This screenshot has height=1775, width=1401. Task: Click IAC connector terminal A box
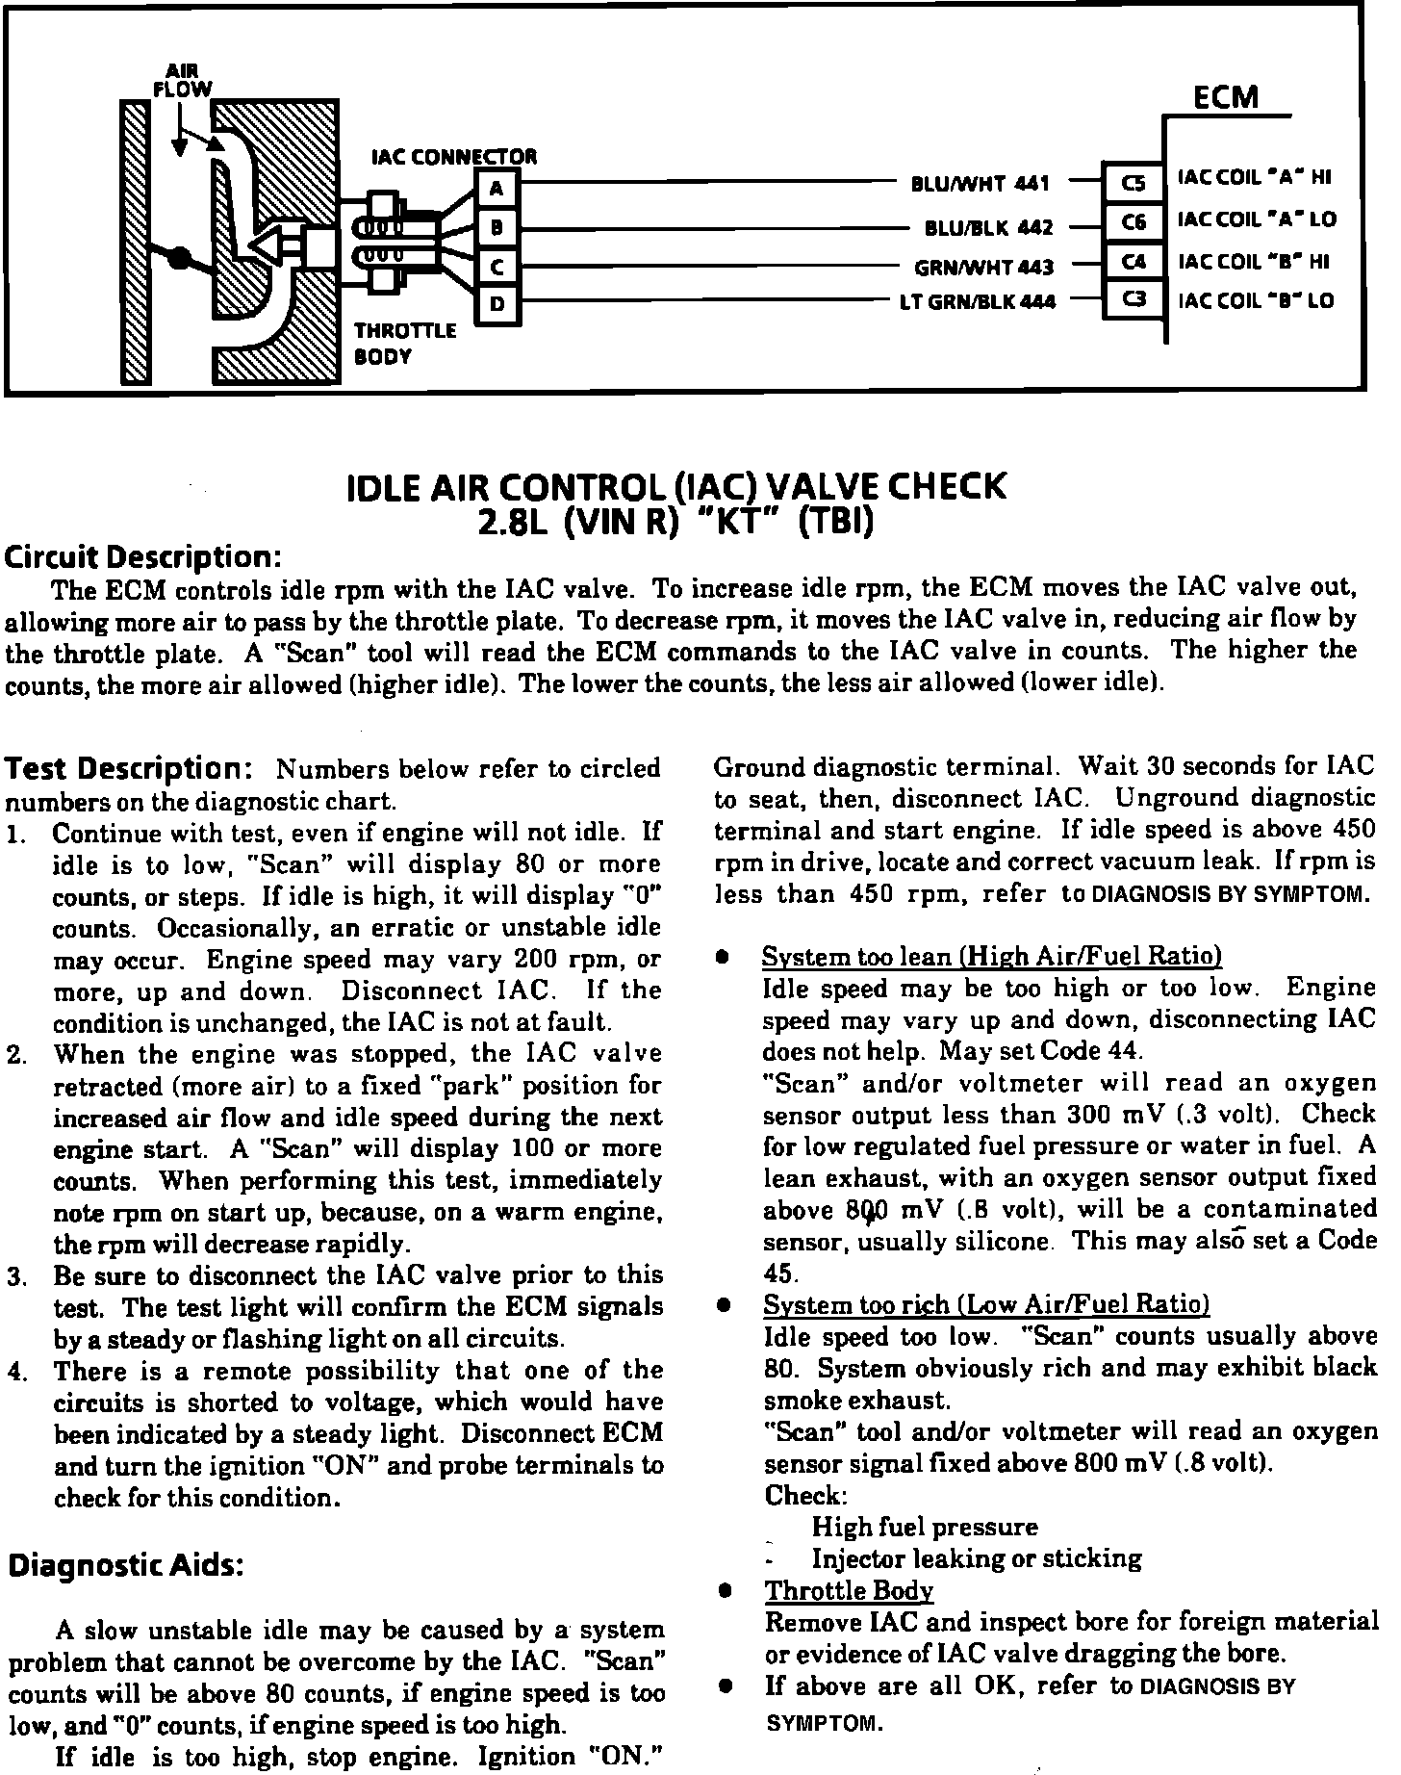[x=497, y=189]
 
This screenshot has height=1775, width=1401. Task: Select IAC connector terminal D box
[x=497, y=304]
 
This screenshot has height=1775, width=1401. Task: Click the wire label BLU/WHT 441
[x=980, y=183]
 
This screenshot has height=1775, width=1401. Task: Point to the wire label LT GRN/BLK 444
[x=977, y=302]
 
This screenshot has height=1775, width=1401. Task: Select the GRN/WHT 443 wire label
[x=983, y=267]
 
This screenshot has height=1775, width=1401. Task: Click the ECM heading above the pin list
[x=1225, y=97]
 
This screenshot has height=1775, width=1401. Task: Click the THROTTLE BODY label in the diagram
[x=404, y=344]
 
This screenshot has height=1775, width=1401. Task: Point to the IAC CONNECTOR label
[x=454, y=157]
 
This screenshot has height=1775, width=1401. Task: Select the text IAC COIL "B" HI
[x=1255, y=261]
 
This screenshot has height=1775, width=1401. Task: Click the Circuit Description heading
[x=143, y=557]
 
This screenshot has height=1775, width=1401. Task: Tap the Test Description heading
[x=129, y=769]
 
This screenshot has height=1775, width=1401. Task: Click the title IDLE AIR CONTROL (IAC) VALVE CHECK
[x=675, y=487]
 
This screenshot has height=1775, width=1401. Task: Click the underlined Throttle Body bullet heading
[x=849, y=1591]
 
